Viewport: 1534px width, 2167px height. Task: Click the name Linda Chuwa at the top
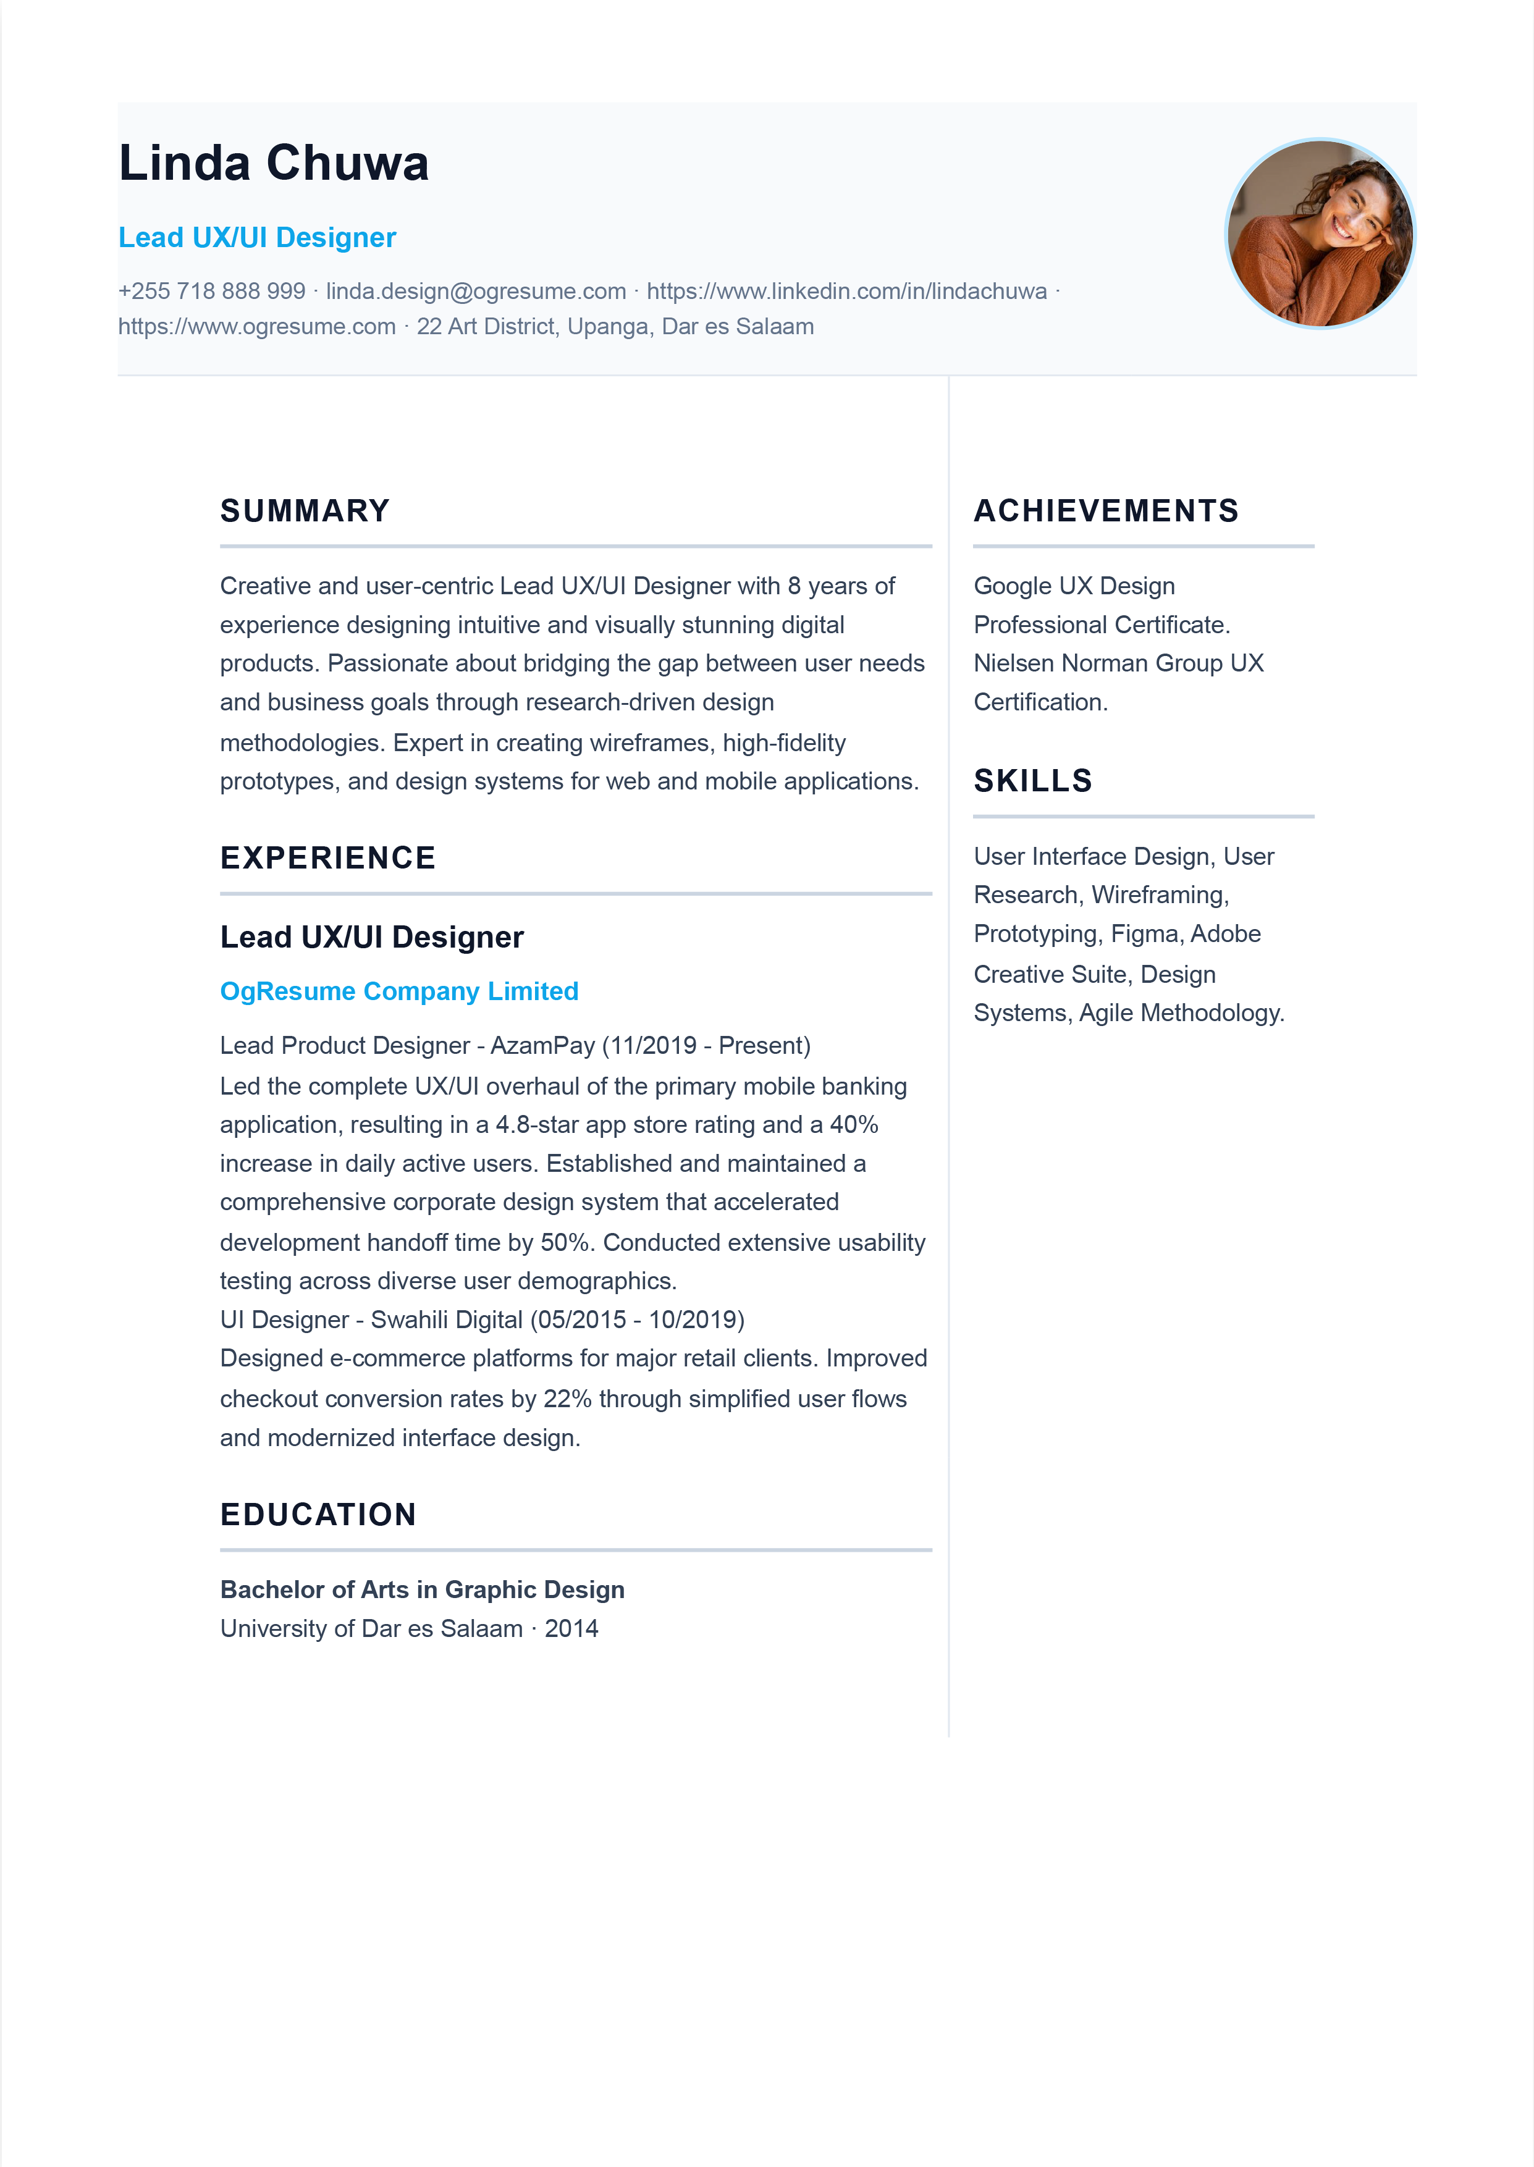click(x=273, y=162)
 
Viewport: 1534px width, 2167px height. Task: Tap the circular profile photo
click(x=1320, y=234)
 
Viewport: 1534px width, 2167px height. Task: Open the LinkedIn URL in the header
click(x=846, y=291)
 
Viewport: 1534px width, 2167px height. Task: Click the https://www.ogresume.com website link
click(x=257, y=327)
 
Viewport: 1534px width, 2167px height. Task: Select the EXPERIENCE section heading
click(x=328, y=857)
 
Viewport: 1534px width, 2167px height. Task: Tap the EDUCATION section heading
click(x=318, y=1515)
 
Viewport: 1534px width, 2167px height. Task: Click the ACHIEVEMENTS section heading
click(x=1106, y=511)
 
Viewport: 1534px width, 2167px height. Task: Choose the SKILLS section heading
click(x=1032, y=781)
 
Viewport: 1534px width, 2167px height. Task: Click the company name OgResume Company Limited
click(x=398, y=991)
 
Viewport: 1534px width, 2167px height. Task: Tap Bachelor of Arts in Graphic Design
click(x=422, y=1590)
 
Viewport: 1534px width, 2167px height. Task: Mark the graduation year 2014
click(x=571, y=1629)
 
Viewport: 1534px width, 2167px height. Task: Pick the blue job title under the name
click(x=257, y=238)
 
